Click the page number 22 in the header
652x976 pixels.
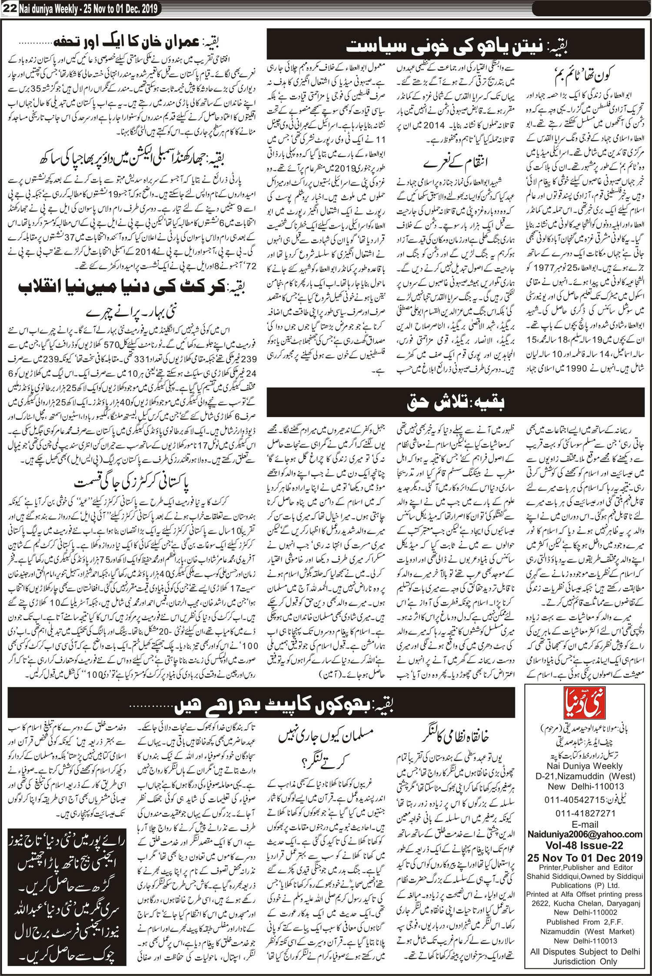pos(9,8)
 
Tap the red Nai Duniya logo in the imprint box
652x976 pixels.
pos(584,702)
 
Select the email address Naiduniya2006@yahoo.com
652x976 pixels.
pos(585,834)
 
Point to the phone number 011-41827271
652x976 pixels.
pos(585,813)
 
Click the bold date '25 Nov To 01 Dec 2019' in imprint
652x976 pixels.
pos(585,857)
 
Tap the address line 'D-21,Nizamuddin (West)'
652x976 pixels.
pos(585,776)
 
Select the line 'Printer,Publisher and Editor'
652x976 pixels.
pos(585,867)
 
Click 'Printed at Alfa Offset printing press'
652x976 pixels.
pos(584,894)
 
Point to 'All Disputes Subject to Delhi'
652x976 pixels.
pos(585,952)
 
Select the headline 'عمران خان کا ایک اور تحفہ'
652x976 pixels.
pos(135,42)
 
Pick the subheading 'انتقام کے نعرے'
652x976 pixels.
pos(455,163)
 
